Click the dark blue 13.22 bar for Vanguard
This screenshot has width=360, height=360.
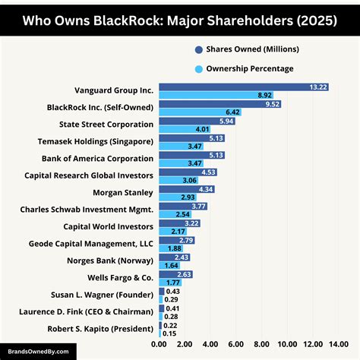point(243,87)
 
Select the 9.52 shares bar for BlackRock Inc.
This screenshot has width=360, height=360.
point(219,104)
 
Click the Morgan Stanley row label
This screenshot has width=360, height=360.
point(123,192)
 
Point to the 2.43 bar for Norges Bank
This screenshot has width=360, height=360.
point(174,257)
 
